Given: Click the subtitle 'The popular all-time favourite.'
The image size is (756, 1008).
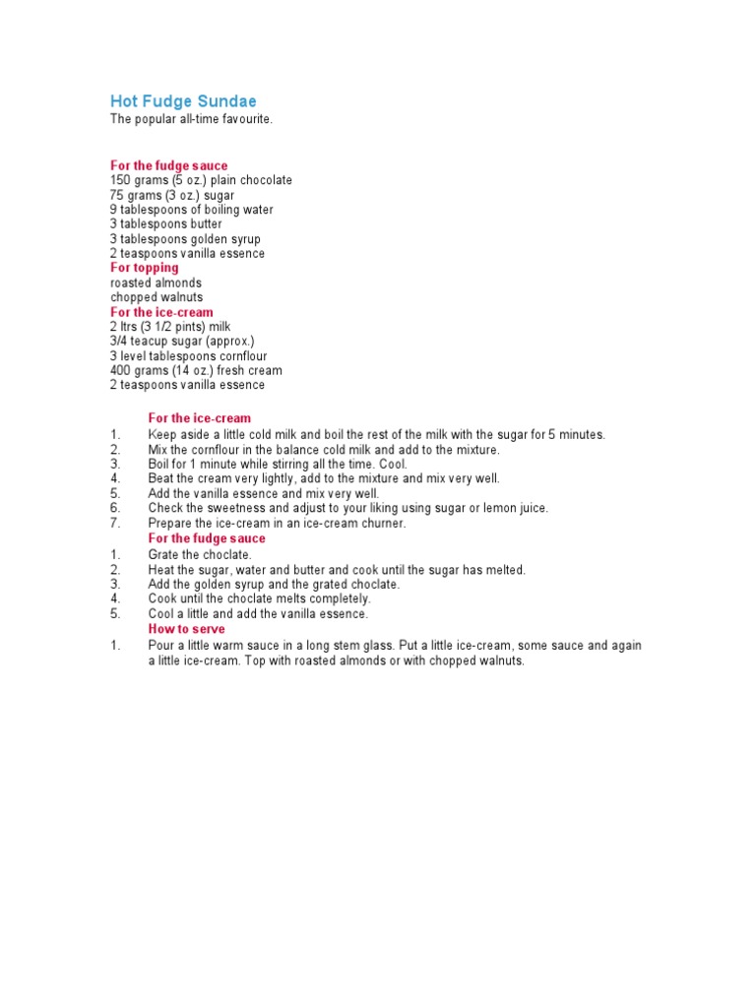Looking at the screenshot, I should tap(190, 119).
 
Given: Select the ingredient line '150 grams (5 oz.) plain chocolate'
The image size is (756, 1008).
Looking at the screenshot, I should tap(201, 180).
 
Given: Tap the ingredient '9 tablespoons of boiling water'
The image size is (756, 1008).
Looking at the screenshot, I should tap(192, 210).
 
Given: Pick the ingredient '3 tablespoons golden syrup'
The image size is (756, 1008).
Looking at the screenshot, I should tap(185, 239).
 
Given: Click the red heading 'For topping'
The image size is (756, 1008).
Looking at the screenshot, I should tap(144, 268).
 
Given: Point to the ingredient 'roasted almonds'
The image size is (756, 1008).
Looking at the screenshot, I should tap(156, 283).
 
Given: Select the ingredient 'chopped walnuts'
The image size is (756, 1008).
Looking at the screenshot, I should tap(157, 297).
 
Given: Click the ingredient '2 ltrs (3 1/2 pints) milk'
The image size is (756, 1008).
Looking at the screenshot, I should tap(169, 327).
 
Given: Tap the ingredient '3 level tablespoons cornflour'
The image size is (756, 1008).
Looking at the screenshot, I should tap(188, 356).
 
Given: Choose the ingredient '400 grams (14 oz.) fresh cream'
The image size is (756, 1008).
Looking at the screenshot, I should tap(196, 371).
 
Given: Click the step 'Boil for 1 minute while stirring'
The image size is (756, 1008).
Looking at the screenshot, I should tap(277, 464).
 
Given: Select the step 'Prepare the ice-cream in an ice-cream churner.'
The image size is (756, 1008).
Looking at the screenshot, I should tap(277, 524).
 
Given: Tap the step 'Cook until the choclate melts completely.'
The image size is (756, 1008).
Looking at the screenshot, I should tap(259, 598).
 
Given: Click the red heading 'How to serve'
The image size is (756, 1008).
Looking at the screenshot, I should tap(186, 629).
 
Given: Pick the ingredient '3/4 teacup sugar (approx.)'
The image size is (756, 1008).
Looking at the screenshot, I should tap(182, 342).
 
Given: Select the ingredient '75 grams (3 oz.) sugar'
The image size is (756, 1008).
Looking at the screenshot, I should tap(171, 195).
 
